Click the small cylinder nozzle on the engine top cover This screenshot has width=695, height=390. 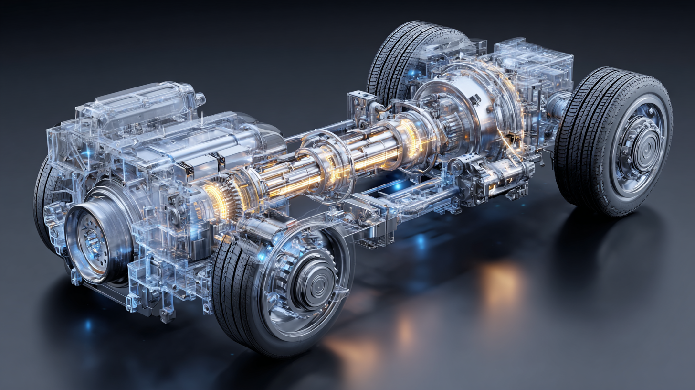click(200, 99)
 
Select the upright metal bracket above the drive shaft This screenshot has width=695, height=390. click(360, 108)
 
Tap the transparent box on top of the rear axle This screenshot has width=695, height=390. click(535, 67)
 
